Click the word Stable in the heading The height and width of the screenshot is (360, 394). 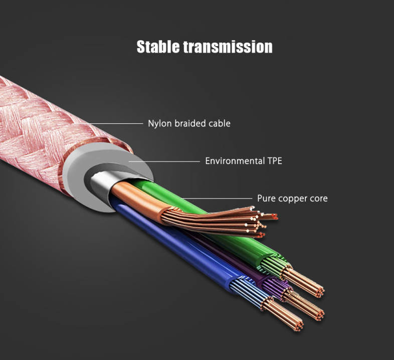158,47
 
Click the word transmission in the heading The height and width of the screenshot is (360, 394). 228,47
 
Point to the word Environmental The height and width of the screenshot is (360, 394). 235,161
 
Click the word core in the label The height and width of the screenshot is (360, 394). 319,199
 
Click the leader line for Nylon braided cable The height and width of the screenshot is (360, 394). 108,123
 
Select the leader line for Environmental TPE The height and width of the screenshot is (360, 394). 164,161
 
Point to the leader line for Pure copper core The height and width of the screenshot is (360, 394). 218,199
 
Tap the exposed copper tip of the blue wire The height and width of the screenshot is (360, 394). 283,313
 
